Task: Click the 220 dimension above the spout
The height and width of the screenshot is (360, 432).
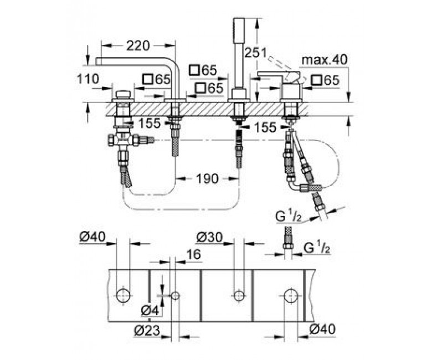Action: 138,46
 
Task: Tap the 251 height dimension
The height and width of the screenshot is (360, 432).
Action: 256,53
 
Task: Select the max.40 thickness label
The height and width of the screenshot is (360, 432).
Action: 325,60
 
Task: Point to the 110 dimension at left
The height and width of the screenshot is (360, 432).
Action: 88,79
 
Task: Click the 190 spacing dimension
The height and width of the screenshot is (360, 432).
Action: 207,178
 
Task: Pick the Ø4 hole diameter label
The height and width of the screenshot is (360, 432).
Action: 150,311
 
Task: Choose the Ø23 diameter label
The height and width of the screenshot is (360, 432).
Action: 147,331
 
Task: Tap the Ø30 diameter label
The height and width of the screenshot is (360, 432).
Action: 209,237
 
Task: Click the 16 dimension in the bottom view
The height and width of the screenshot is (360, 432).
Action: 194,254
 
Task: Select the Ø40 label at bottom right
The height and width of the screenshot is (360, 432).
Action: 323,329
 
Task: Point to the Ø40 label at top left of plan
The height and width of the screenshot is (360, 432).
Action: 92,237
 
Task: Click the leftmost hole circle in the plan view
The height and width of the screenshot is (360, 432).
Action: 123,296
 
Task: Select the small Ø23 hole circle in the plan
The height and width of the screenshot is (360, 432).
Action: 175,296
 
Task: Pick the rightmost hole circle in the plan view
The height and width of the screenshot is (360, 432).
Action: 291,296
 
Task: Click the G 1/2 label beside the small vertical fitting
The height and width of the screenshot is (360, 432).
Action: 317,249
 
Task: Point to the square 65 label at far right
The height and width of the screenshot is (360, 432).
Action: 325,80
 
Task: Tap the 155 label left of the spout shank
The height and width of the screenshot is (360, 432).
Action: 149,124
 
